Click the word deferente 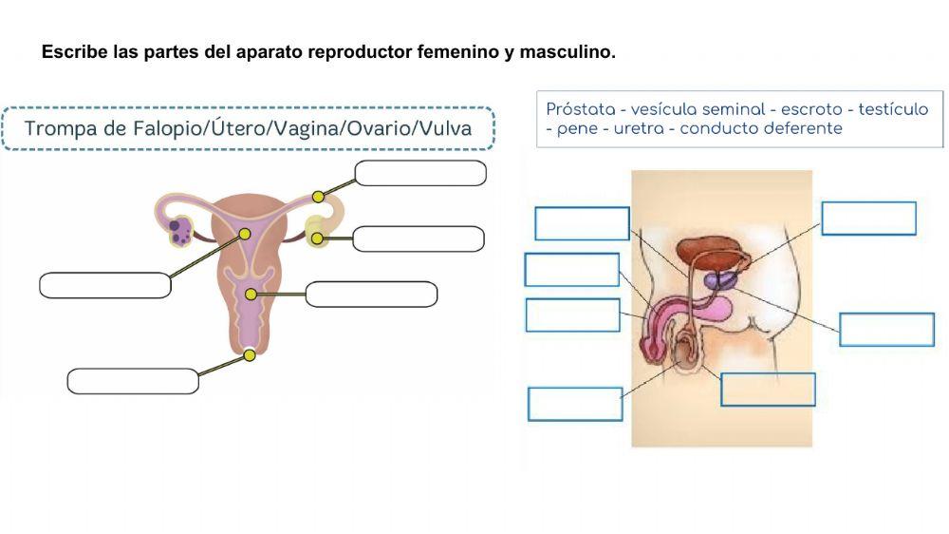pos(808,129)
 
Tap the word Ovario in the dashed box pos(377,128)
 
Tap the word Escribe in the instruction pos(73,51)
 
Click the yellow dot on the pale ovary pos(316,238)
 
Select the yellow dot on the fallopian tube pos(319,196)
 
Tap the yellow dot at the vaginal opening pos(250,355)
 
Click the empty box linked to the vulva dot pos(133,381)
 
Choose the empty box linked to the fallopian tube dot pos(420,173)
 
